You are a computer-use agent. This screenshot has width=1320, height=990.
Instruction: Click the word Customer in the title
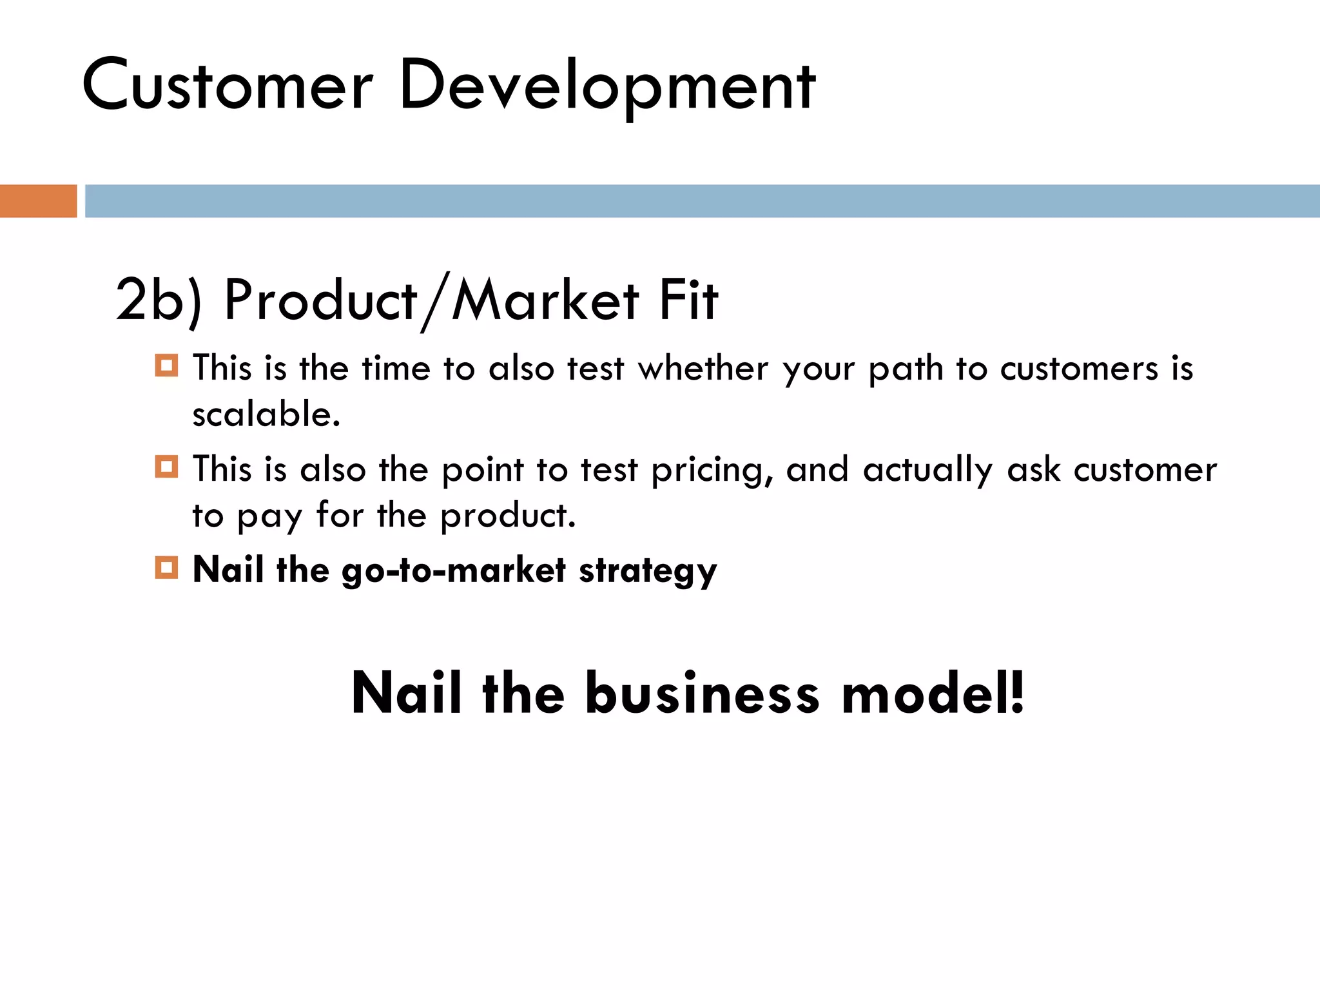point(228,86)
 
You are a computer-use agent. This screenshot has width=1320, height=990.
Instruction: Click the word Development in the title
point(607,86)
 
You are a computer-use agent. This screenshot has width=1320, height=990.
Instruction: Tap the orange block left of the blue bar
point(38,201)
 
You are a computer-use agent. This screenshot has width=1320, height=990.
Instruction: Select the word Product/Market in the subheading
point(431,300)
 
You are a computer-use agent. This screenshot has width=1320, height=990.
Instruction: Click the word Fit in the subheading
point(688,300)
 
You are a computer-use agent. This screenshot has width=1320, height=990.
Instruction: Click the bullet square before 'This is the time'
point(166,365)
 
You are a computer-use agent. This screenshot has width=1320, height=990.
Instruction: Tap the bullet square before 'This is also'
point(166,466)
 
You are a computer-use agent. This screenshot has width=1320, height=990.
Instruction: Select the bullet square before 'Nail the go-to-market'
point(166,567)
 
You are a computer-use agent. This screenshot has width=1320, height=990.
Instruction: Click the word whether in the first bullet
point(703,369)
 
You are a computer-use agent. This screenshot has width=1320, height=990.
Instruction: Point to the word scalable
point(266,414)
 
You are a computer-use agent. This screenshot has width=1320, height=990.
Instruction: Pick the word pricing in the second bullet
point(712,470)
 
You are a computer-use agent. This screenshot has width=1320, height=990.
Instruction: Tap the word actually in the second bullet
point(927,470)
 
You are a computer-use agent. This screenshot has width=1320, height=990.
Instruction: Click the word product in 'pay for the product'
point(508,515)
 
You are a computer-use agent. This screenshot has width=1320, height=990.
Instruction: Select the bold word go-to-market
point(454,570)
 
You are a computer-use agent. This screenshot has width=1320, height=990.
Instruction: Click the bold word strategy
point(648,570)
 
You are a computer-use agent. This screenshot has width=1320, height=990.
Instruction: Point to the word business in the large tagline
point(703,694)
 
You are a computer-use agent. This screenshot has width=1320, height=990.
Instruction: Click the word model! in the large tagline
point(933,694)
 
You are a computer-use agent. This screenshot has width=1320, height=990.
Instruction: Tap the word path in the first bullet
point(906,369)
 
